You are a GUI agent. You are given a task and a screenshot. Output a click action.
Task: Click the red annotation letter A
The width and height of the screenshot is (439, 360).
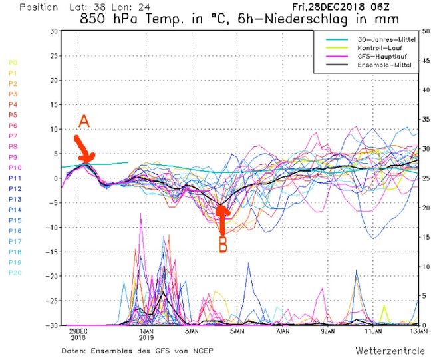pyautogui.click(x=84, y=121)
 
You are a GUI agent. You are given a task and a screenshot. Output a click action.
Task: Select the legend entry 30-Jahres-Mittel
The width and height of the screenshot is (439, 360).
pyautogui.click(x=384, y=39)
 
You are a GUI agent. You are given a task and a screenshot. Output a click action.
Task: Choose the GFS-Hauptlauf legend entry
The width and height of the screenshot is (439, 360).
pyautogui.click(x=382, y=56)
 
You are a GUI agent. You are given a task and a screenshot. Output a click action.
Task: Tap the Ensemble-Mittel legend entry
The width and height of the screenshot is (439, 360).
pyautogui.click(x=384, y=64)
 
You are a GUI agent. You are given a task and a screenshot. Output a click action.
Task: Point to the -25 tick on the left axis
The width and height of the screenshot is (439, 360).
pyautogui.click(x=51, y=301)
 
